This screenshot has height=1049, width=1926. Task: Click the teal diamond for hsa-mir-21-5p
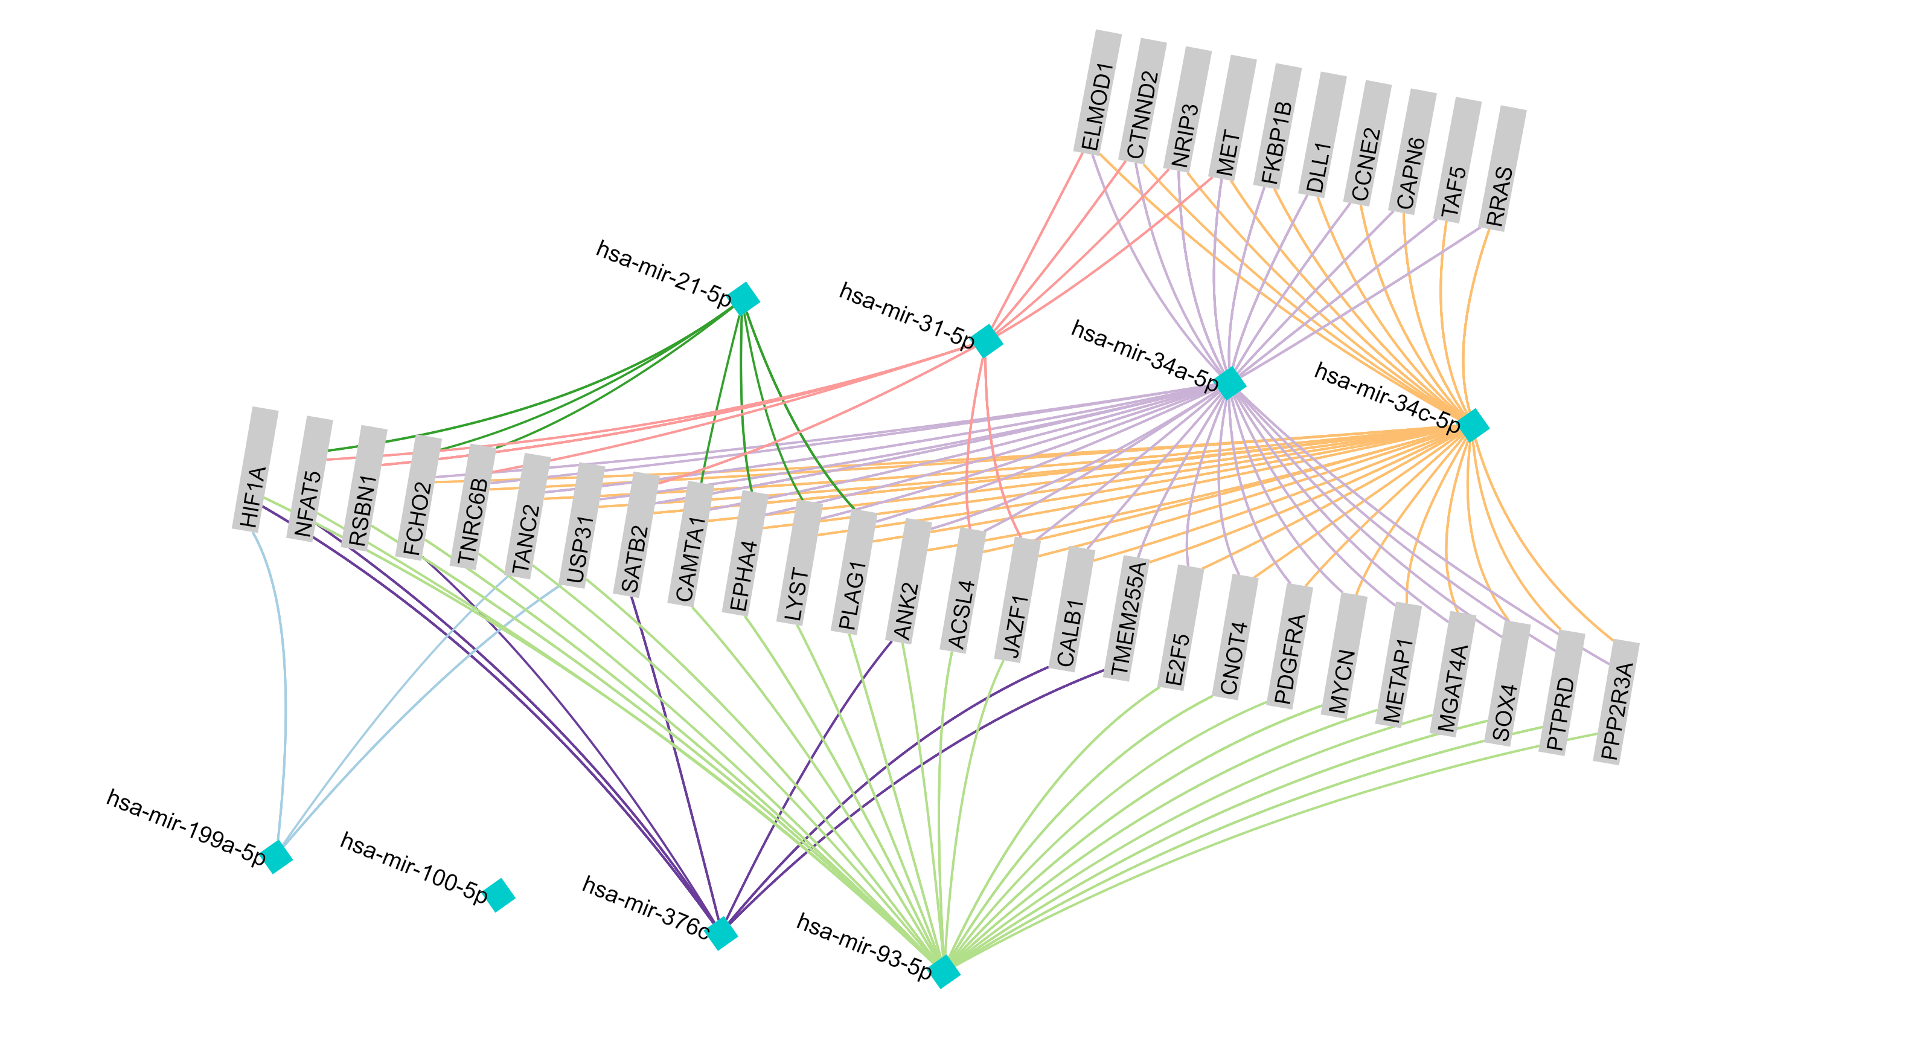744,298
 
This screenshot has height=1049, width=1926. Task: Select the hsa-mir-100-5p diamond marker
499,894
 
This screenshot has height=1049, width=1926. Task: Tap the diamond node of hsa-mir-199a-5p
277,856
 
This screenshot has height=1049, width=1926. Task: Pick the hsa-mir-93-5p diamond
944,970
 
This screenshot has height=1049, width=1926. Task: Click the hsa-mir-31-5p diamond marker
987,341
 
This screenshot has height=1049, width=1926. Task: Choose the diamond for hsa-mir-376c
721,933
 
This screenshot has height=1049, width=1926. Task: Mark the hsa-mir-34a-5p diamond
1230,383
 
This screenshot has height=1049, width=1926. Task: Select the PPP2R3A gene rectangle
1616,701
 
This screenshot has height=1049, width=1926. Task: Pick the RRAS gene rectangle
1503,168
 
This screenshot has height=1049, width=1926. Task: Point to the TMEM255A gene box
1129,618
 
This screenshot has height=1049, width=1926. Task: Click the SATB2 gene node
636,534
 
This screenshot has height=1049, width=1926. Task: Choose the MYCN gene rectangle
1343,655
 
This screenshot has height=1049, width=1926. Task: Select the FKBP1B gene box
1278,126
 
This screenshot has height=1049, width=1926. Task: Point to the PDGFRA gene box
1289,646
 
